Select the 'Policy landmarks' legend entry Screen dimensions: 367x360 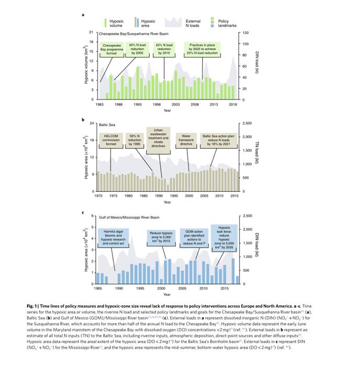pos(226,23)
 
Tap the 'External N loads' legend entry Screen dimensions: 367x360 pos(193,23)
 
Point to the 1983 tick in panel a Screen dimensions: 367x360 pos(99,105)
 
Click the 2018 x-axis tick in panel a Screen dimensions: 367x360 pos(233,105)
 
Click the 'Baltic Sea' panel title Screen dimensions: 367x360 pos(107,125)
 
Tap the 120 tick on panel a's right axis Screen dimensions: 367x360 pos(244,33)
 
